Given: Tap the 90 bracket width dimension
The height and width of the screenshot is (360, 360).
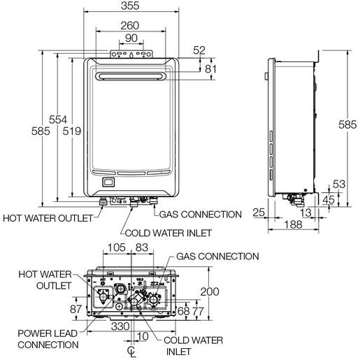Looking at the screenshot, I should (131, 38).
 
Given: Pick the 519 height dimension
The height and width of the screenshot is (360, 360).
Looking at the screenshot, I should (72, 131).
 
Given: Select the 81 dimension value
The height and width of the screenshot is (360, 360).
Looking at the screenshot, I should (213, 69).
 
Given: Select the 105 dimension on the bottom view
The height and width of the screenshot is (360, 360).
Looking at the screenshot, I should (117, 248).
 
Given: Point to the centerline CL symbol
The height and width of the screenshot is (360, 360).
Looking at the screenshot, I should (131, 350).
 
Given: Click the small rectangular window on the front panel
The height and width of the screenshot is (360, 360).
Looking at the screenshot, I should (108, 184).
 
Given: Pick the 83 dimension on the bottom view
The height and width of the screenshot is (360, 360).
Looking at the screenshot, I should (143, 248).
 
